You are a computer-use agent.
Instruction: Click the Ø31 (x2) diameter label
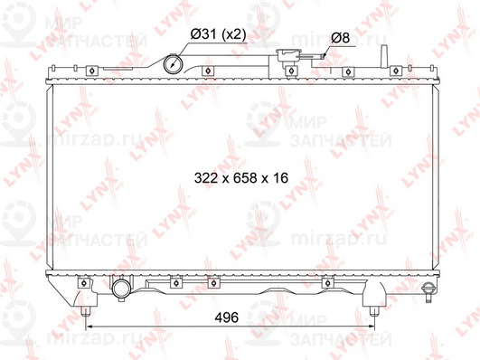(x=217, y=34)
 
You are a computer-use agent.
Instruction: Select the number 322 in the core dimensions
(x=207, y=178)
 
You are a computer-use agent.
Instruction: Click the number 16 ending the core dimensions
(x=278, y=178)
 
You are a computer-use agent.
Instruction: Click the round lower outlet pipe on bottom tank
(x=121, y=289)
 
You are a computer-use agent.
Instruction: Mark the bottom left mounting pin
(x=85, y=313)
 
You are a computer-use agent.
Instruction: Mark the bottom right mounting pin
(x=373, y=313)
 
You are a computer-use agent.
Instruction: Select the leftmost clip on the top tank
(x=92, y=71)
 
